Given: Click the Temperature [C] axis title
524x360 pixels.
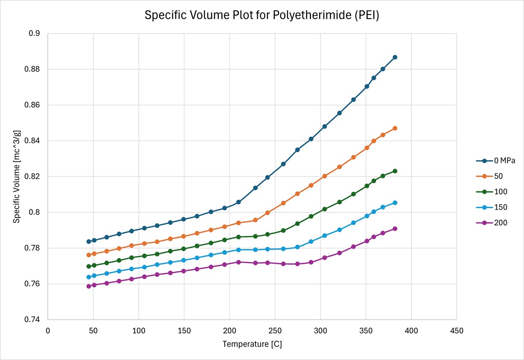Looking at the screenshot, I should click(252, 344).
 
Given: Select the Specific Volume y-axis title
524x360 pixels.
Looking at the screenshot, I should click(16, 176).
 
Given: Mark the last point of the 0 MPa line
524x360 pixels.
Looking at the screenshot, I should click(395, 57).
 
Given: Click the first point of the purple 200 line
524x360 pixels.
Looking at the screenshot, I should click(88, 286).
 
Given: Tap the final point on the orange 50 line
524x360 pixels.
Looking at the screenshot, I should click(395, 128).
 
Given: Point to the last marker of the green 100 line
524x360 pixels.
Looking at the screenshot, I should click(395, 171).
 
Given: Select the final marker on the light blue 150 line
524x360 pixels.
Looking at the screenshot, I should click(395, 203).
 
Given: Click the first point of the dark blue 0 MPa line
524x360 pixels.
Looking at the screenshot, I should click(88, 241).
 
